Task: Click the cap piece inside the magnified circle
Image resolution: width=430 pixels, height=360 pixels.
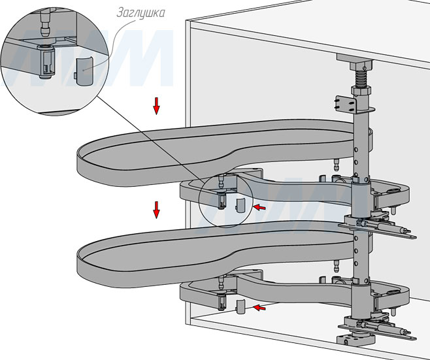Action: coord(83,68)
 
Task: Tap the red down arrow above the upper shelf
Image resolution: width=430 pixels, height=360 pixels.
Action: coord(157,105)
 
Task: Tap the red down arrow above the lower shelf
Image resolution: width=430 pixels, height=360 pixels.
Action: coord(157,210)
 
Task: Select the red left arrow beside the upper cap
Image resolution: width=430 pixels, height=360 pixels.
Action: coord(259,207)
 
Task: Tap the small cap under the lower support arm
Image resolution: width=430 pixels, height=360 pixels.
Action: coord(240,306)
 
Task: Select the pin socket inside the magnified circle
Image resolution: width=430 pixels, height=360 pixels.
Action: coord(46,62)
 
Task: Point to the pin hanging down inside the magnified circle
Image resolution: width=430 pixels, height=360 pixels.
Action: coord(44,25)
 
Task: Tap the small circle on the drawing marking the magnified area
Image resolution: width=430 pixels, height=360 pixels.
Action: coord(222,199)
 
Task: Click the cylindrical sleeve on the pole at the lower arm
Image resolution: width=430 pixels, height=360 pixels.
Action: coord(360,297)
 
